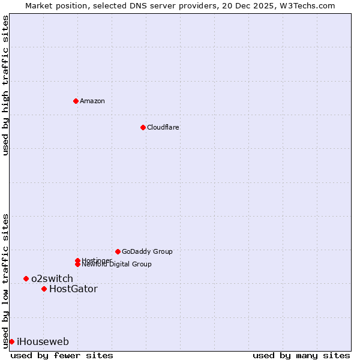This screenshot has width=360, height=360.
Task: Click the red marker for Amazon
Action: (x=76, y=101)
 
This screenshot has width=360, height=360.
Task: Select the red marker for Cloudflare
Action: (x=143, y=127)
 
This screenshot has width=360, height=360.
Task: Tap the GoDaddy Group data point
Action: (x=118, y=251)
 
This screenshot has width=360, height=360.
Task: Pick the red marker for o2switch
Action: (x=26, y=278)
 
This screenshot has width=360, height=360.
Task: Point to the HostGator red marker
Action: (x=44, y=289)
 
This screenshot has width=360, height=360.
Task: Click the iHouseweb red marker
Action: (x=11, y=341)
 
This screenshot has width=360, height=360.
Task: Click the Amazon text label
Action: (x=92, y=101)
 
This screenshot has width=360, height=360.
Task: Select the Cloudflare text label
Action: (x=163, y=127)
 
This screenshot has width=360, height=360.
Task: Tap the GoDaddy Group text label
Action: (x=147, y=251)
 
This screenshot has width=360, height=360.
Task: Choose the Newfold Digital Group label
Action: (x=116, y=265)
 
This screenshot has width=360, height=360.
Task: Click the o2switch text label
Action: (x=52, y=278)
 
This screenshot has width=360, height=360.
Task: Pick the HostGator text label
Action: (x=73, y=289)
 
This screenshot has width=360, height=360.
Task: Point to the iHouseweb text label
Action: (x=43, y=341)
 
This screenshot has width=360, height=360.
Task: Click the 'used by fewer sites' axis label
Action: (x=62, y=355)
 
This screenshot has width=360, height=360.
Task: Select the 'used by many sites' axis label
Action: (x=301, y=355)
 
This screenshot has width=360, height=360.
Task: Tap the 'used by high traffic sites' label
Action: (x=5, y=86)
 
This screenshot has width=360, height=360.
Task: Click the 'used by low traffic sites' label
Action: (x=5, y=280)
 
